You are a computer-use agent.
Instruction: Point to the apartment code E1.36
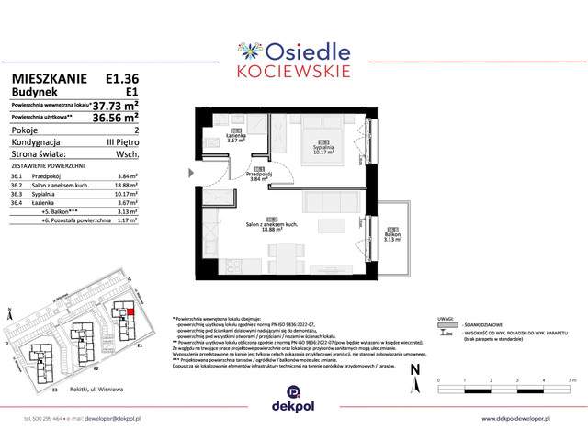tap(121, 80)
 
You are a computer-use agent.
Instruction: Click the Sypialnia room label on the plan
tap(321, 148)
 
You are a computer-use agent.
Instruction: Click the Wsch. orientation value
tap(127, 155)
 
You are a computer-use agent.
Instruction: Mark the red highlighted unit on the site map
tap(130, 312)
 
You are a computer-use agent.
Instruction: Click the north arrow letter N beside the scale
tap(414, 369)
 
